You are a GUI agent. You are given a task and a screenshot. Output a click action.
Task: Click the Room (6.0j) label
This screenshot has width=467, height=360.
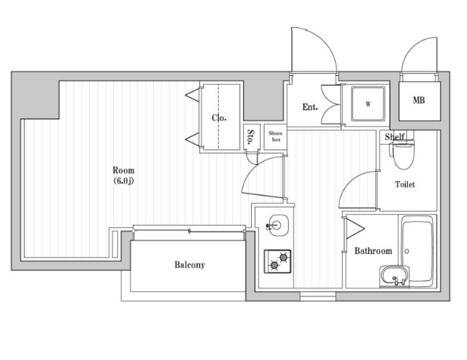123,176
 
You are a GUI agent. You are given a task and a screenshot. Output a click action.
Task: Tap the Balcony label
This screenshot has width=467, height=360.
190,264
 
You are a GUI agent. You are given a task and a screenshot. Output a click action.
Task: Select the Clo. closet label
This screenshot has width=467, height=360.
219,118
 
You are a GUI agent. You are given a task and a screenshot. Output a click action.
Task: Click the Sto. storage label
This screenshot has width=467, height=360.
251,137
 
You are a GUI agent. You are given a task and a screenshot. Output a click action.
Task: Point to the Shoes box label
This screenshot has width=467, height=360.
275,137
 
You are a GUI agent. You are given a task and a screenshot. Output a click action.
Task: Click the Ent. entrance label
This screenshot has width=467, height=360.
309,107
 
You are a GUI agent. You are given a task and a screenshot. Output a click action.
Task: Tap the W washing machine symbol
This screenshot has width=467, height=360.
368,104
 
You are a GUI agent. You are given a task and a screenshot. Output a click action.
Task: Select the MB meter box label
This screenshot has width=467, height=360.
419,100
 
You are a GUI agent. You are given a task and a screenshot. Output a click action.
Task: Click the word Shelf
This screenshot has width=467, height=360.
395,137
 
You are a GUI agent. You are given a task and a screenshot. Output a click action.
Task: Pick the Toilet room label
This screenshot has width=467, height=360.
405,185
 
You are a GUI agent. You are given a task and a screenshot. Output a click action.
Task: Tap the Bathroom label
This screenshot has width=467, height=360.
373,251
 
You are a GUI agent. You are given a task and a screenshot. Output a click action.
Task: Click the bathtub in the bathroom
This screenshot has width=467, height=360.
417,251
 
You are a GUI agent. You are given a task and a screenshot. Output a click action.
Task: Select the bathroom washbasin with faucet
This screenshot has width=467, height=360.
395,277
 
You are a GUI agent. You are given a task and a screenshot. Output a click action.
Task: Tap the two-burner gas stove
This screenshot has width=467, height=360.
277,261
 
